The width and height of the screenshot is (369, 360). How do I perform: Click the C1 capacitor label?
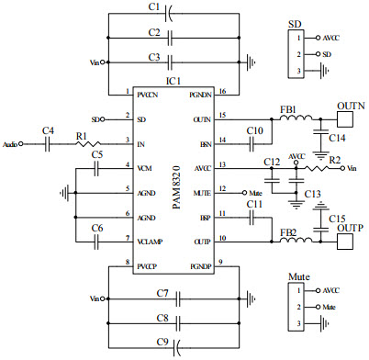[155, 7]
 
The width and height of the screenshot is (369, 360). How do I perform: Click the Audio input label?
[12, 144]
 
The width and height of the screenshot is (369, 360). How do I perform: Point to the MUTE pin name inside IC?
[203, 192]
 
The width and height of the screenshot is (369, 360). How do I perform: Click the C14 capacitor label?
[337, 138]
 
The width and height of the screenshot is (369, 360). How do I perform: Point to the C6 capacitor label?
[96, 228]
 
